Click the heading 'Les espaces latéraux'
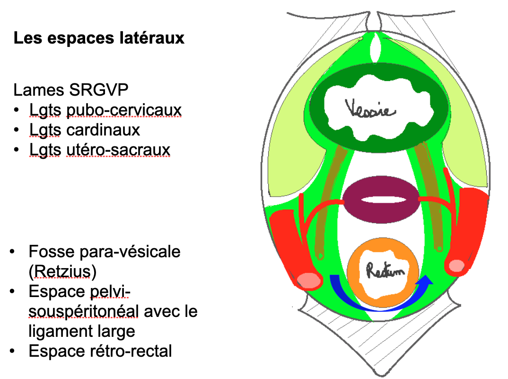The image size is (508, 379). pos(99,38)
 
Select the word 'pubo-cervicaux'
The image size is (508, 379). pos(124,110)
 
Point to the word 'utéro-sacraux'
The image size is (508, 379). pos(118,149)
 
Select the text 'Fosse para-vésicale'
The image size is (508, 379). pos(105,251)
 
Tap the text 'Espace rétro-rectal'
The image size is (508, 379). pos(100,352)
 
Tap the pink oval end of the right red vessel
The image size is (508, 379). pos(457,266)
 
